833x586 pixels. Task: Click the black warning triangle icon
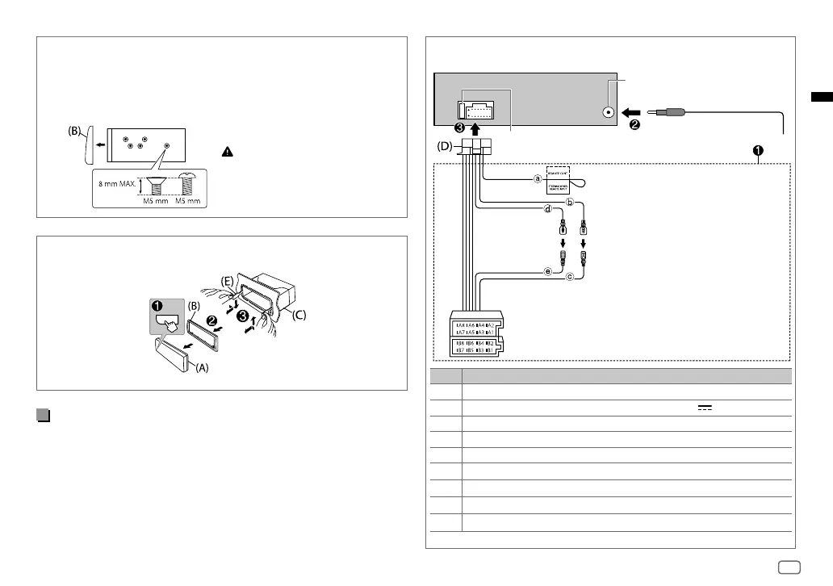point(228,152)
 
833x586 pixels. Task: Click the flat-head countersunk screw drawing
point(157,186)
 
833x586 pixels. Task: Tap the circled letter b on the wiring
point(570,202)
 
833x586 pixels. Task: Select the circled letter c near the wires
point(570,277)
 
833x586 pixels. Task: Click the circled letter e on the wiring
point(548,271)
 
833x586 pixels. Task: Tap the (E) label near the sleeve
point(228,280)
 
